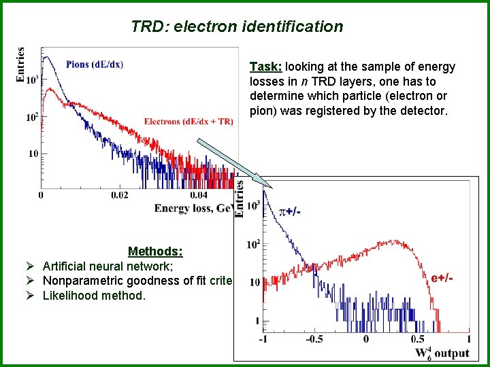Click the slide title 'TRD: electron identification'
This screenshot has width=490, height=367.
(237, 27)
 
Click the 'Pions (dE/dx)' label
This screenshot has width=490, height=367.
(95, 65)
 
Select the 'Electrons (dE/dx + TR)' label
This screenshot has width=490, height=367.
(189, 122)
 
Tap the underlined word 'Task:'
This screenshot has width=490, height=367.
(266, 67)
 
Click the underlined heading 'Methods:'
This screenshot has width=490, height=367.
(154, 252)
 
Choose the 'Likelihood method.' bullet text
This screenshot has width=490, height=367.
(94, 296)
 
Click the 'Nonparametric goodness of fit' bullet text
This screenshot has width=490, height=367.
(136, 281)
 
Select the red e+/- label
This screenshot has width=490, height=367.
(442, 279)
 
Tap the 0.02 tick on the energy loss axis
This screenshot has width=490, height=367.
(119, 196)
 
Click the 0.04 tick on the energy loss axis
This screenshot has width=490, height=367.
(198, 196)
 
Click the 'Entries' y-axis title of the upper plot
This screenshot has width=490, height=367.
(20, 65)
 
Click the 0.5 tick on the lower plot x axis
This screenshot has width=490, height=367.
(417, 339)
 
